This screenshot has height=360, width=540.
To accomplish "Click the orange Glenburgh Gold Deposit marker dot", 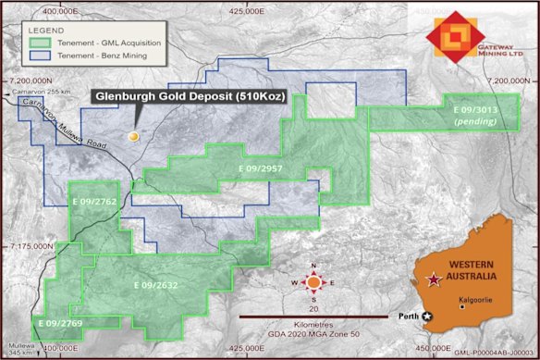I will click(133, 137).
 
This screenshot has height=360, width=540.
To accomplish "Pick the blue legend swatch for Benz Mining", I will click(39, 56).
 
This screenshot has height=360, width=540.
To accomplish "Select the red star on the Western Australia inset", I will click(432, 279).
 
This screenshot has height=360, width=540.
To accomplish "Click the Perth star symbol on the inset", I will click(427, 317).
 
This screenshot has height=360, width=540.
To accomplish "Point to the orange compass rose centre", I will click(314, 282).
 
